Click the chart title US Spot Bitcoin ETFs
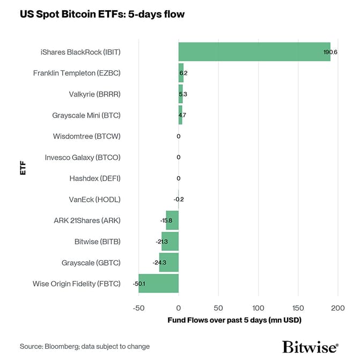tap(102, 14)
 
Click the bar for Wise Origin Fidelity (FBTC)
tap(158, 283)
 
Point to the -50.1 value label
tap(140, 283)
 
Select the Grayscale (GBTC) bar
tap(168, 262)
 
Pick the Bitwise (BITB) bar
tap(170, 241)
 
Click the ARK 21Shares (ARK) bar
tap(172, 221)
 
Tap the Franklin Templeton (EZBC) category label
tap(77, 73)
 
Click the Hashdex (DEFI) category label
tap(94, 178)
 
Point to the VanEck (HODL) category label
tap(94, 199)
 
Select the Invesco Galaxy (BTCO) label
tap(83, 157)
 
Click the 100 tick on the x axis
tap(258, 308)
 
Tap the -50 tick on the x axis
tap(138, 308)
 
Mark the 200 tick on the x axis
tap(337, 308)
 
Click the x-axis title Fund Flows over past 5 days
tap(234, 320)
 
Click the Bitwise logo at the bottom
tap(310, 347)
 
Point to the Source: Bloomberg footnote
tap(85, 347)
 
